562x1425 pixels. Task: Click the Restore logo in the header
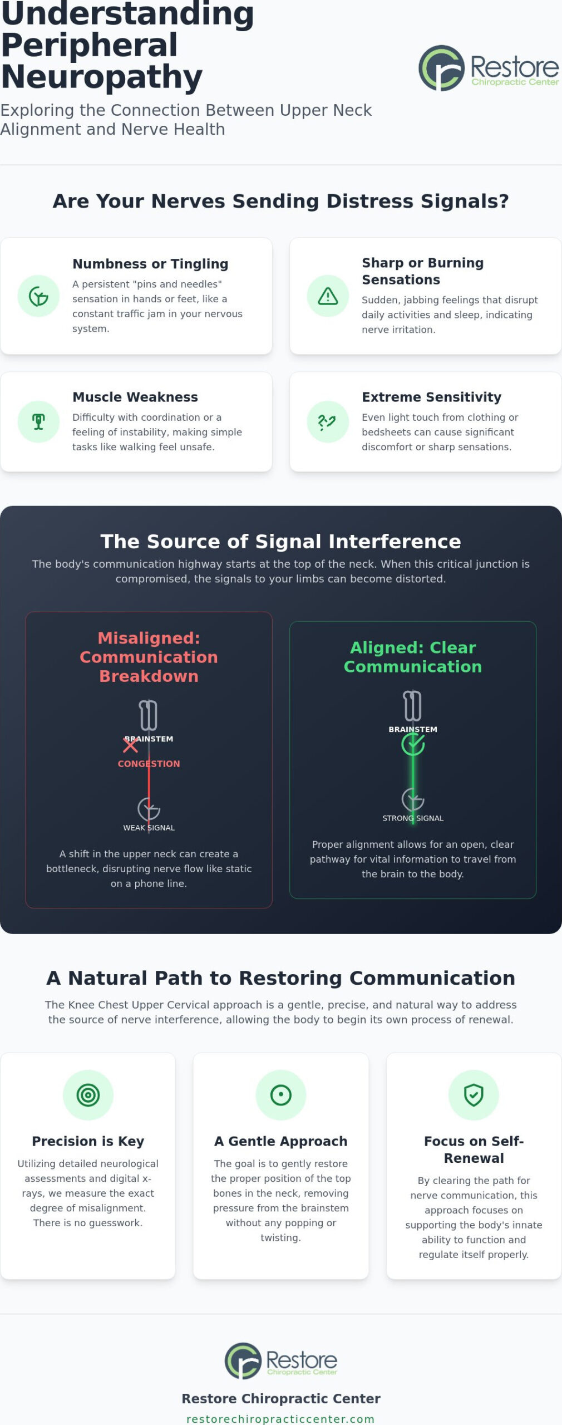tap(489, 68)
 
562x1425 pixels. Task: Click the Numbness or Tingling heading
tap(150, 264)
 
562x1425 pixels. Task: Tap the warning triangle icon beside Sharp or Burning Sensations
tap(328, 296)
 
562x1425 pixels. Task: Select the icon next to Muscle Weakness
tap(38, 421)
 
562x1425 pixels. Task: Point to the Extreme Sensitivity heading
tap(431, 397)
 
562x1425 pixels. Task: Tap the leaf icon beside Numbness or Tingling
tap(38, 296)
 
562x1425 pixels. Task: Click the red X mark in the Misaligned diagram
tap(130, 744)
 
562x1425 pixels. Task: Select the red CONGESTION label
tap(149, 764)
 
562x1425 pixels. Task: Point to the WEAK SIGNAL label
tap(149, 828)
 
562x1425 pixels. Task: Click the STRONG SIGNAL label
tap(413, 818)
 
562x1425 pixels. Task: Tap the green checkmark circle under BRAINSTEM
tap(413, 744)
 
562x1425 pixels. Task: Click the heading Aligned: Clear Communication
tap(413, 657)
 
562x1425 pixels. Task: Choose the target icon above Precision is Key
tap(88, 1095)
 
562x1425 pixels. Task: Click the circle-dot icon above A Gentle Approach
tap(280, 1095)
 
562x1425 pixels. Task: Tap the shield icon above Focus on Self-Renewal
tap(474, 1095)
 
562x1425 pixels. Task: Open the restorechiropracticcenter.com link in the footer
tap(280, 1419)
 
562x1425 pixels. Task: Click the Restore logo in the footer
tap(281, 1361)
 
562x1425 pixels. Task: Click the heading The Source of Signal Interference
tap(280, 541)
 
